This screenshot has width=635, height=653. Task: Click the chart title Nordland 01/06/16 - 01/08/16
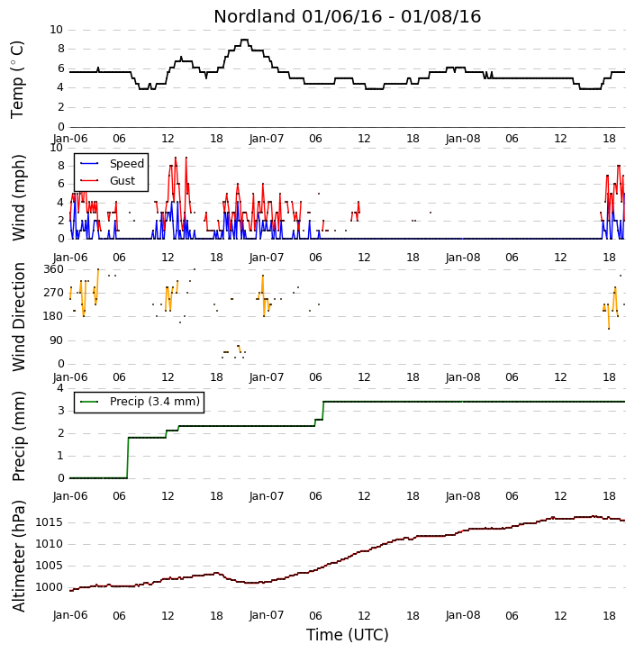pos(348,16)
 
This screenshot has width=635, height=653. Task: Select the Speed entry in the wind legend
pos(127,164)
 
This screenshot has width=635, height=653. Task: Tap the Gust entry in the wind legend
pos(122,181)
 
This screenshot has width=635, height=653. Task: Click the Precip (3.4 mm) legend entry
pos(155,402)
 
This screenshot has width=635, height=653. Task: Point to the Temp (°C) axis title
pos(17,79)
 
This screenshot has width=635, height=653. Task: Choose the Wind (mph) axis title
pos(19,198)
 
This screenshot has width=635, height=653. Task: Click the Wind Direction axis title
pos(19,317)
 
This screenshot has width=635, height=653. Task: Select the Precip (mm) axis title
pos(19,436)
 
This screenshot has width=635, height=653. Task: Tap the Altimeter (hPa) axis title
pos(19,556)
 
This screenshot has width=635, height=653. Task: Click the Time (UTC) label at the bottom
pos(348,635)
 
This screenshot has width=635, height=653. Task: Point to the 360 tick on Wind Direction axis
pos(54,269)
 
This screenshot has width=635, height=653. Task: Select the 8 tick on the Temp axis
pos(60,49)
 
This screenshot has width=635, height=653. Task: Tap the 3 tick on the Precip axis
pos(60,411)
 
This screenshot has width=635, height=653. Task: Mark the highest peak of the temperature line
pos(244,40)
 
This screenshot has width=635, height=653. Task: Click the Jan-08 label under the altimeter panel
pos(463,615)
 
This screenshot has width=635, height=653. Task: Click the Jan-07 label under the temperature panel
pos(267,139)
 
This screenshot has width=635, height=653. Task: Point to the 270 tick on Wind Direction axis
pos(54,293)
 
